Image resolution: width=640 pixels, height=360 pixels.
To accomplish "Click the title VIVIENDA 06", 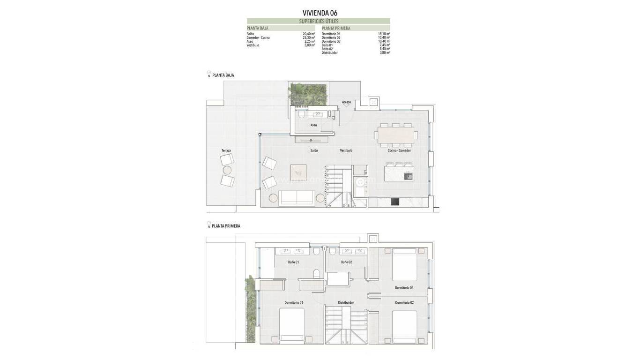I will [x=320, y=13].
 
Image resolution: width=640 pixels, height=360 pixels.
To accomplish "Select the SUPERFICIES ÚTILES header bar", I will [x=319, y=21].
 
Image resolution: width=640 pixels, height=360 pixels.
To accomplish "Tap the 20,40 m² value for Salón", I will [x=308, y=34].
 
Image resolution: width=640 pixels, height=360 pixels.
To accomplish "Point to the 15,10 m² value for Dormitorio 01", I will [x=384, y=34].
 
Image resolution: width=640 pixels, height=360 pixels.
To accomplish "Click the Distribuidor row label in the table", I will [x=329, y=53].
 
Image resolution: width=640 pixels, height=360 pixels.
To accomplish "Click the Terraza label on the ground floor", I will [x=226, y=150].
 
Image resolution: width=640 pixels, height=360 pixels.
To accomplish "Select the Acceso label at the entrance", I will [x=346, y=102].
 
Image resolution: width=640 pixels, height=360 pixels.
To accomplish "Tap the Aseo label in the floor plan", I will [x=313, y=125].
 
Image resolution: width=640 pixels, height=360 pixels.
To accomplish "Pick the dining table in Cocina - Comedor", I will [x=396, y=135].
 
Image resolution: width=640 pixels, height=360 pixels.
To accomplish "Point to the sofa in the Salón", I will [x=296, y=198].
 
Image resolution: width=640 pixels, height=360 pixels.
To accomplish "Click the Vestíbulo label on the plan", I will [x=346, y=150].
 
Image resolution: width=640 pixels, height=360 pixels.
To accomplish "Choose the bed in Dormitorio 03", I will [x=404, y=265].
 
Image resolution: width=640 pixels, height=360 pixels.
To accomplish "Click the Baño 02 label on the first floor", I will [x=346, y=262].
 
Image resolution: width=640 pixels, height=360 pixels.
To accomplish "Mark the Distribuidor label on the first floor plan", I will [x=346, y=302].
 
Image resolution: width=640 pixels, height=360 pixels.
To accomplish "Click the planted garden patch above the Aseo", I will [x=307, y=94].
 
